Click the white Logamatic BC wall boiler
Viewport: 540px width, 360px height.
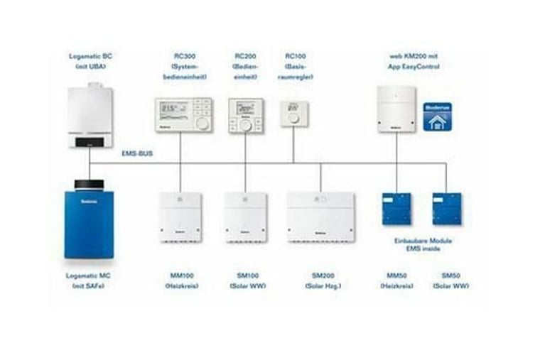pyautogui.click(x=90, y=116)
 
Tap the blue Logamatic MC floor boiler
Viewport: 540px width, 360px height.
pyautogui.click(x=90, y=219)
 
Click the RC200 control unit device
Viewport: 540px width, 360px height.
pyautogui.click(x=245, y=116)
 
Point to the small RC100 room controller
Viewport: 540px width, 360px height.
pyautogui.click(x=293, y=113)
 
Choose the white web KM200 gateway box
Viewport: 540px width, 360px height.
pyautogui.click(x=396, y=109)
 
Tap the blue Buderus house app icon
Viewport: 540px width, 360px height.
pyautogui.click(x=438, y=116)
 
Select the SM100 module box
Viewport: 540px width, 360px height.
pyautogui.click(x=246, y=216)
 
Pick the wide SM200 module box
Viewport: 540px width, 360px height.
pyautogui.click(x=320, y=216)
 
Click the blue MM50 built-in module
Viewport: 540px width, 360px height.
pyautogui.click(x=396, y=209)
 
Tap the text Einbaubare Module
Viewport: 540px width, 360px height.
pyautogui.click(x=423, y=241)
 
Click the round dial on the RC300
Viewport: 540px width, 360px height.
pyautogui.click(x=202, y=123)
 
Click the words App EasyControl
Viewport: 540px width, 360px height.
pyautogui.click(x=415, y=66)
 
